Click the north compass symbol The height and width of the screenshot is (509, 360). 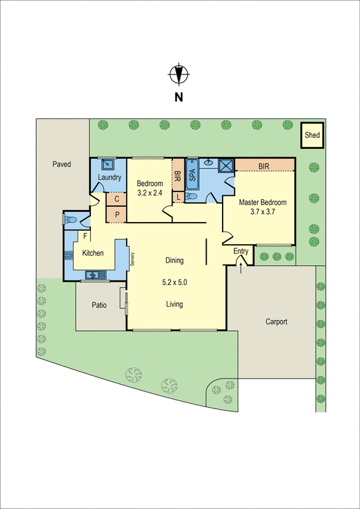pyautogui.click(x=179, y=74)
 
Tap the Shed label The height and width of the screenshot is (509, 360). pyautogui.click(x=312, y=135)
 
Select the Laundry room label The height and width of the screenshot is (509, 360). pyautogui.click(x=110, y=178)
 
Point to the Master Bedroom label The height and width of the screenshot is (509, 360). pyautogui.click(x=263, y=203)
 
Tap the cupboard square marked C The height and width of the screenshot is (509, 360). pyautogui.click(x=116, y=199)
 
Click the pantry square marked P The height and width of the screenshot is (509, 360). pyautogui.click(x=116, y=214)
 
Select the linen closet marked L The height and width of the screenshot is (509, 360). pyautogui.click(x=179, y=197)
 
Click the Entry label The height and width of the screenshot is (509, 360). pyautogui.click(x=240, y=251)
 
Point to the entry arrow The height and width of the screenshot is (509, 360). pyautogui.click(x=240, y=265)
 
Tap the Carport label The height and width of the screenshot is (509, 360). pyautogui.click(x=277, y=322)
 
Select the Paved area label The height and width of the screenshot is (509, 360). pyautogui.click(x=62, y=164)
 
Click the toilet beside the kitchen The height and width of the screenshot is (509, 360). pyautogui.click(x=71, y=220)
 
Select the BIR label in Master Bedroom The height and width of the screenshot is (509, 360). pyautogui.click(x=264, y=166)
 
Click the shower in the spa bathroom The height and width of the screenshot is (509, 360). pyautogui.click(x=225, y=166)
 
